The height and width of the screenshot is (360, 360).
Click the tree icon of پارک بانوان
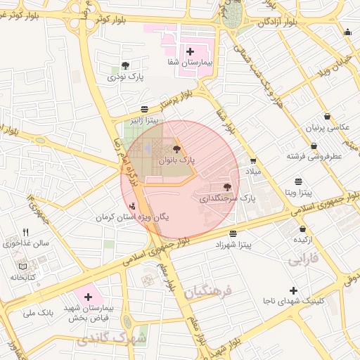[x=176, y=149]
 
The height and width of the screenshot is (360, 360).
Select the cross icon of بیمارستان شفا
[x=190, y=51]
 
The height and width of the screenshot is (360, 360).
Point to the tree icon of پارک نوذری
[x=125, y=65]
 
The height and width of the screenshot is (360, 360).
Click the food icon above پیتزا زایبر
[x=144, y=108]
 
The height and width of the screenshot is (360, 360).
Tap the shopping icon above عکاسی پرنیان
[x=327, y=117]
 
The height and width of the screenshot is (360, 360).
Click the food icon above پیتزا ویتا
[x=299, y=180]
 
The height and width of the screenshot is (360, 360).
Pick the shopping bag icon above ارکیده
[x=303, y=229]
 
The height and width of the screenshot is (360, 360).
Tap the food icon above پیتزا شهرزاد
[x=233, y=233]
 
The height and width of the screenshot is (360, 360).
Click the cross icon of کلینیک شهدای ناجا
[x=293, y=290]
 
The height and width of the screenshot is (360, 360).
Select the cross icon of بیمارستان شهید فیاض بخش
[x=88, y=297]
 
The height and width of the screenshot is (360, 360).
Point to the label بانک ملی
[x=39, y=311]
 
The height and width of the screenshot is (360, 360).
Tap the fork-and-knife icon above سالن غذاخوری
[x=26, y=232]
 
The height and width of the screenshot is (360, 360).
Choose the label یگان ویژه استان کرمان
[x=133, y=218]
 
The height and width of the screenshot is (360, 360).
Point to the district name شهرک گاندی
[x=114, y=340]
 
